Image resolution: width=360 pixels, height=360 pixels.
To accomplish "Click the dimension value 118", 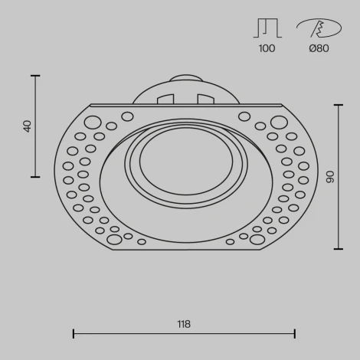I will (x=184, y=324).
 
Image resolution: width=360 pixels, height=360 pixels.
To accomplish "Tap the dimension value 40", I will (x=28, y=126).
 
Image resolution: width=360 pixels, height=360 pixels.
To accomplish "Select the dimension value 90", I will (x=331, y=177).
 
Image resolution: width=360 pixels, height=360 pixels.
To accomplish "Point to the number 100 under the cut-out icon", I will (x=267, y=49).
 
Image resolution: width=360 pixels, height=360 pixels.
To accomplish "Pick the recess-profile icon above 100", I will (x=267, y=28).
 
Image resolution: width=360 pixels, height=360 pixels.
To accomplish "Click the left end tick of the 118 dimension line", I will (x=74, y=333).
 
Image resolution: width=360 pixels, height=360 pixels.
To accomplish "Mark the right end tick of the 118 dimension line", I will (x=295, y=333).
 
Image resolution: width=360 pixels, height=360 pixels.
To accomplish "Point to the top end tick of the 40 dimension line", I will (x=35, y=75).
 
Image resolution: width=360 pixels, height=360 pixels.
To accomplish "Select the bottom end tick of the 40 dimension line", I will (x=35, y=177).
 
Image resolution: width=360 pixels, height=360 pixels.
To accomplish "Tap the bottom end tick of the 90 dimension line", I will (x=338, y=249).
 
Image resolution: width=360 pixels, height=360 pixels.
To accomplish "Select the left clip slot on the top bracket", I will (x=164, y=99).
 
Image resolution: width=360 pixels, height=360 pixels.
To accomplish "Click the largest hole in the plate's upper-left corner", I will (x=92, y=121).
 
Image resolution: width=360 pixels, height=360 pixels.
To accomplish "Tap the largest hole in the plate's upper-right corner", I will (x=278, y=121).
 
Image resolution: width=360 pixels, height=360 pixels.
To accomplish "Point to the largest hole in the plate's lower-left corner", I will (x=115, y=239).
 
